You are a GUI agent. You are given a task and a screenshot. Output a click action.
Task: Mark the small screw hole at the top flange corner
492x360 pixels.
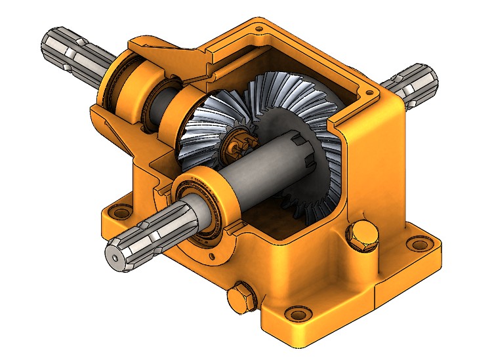259,30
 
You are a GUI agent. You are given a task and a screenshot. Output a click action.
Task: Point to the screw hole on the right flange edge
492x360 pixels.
375,98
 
